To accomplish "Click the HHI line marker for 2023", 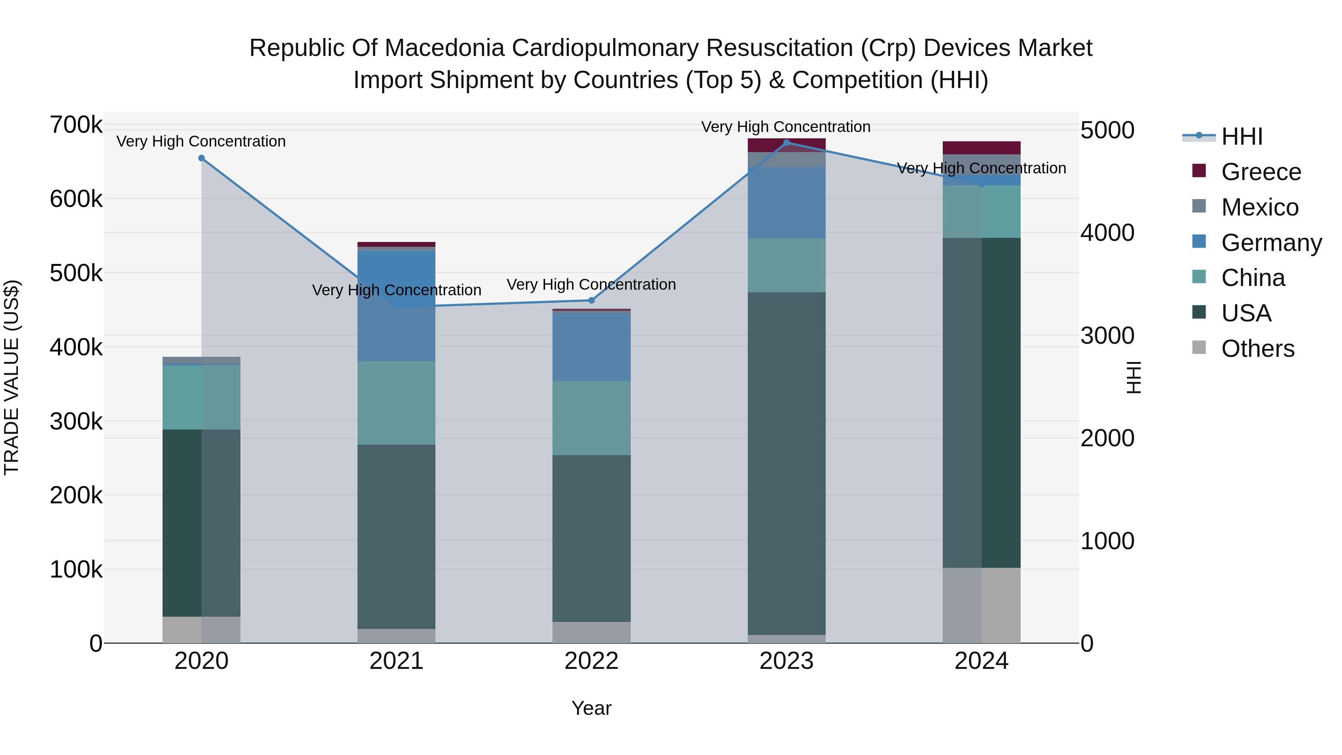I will [x=787, y=143].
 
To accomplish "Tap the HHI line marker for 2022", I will [x=591, y=301].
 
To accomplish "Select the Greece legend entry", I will [x=1261, y=172].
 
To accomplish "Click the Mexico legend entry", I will [x=1259, y=207].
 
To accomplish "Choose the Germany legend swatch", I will [x=1199, y=242].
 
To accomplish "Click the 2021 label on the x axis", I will [x=397, y=661].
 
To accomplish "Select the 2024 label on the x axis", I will [x=982, y=661].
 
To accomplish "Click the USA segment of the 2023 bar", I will [x=787, y=464].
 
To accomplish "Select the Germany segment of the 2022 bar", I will [x=591, y=346].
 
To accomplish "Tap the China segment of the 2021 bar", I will [x=397, y=403].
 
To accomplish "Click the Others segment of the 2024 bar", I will [x=982, y=605].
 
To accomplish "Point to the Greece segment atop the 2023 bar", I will [x=787, y=145].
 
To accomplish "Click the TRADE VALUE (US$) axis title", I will [x=12, y=377].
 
